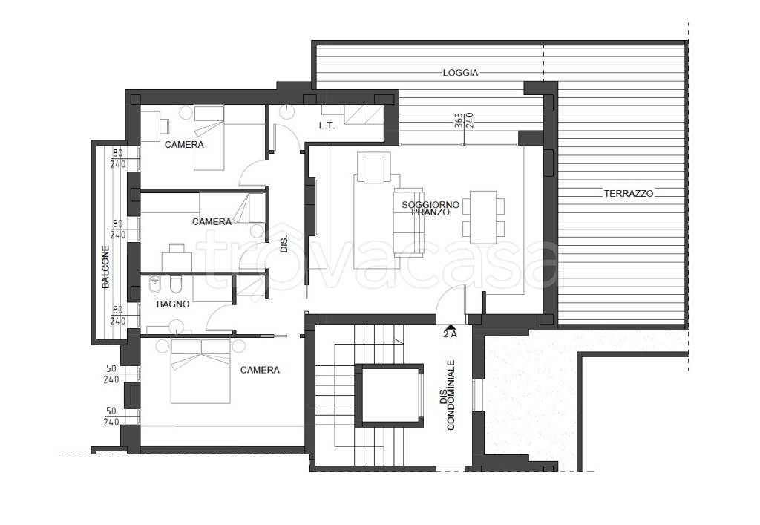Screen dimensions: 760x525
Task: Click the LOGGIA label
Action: pos(460,73)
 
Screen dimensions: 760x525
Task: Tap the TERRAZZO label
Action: pos(628,193)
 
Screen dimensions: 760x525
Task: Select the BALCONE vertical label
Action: pos(105,267)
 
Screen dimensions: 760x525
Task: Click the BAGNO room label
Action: pos(173,304)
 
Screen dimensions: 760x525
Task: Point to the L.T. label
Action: pos(327,125)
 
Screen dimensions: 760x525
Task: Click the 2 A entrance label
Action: pos(451,334)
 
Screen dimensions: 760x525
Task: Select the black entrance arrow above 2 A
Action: pos(450,327)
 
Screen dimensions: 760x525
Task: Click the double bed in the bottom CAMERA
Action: pos(200,371)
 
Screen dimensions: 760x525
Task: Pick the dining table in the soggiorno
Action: pos(483,217)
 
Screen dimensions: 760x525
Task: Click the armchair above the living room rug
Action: pos(373,168)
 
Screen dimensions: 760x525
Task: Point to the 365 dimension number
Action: pos(459,120)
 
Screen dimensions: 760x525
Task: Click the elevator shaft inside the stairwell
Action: pos(389,396)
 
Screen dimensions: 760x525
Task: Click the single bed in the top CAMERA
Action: pos(209,137)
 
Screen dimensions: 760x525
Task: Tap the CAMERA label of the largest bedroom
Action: pos(260,371)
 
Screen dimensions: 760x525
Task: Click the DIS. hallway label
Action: pos(284,244)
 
